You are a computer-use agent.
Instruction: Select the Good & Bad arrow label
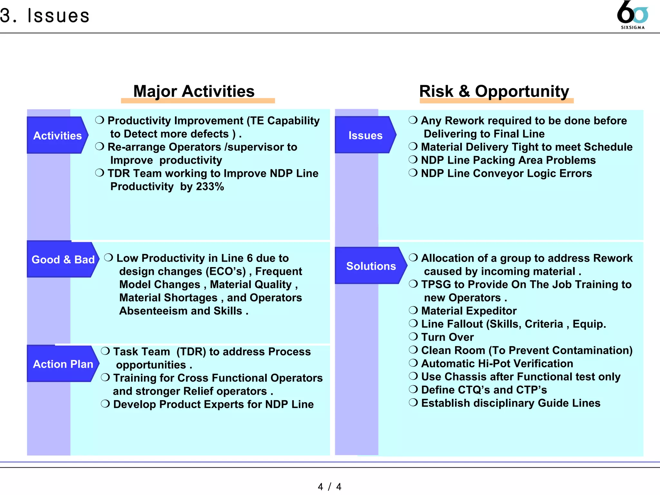[x=63, y=259]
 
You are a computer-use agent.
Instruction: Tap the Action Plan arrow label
[x=63, y=364]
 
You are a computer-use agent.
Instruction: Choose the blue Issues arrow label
[x=365, y=135]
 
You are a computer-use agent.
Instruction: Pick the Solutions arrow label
[x=371, y=266]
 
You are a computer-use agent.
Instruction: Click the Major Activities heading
[x=194, y=91]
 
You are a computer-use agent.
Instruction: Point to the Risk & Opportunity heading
[x=494, y=91]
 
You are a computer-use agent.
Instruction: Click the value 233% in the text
[x=210, y=187]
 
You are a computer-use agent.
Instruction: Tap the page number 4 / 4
[x=329, y=486]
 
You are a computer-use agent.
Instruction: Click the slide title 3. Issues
[x=45, y=15]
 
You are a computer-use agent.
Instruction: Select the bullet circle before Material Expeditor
[x=413, y=310]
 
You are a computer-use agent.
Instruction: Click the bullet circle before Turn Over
[x=413, y=337]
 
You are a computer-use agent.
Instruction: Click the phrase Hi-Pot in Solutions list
[x=494, y=364]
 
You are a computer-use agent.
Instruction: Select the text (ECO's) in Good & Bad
[x=226, y=271]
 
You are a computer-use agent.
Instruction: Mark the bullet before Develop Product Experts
[x=105, y=404]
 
